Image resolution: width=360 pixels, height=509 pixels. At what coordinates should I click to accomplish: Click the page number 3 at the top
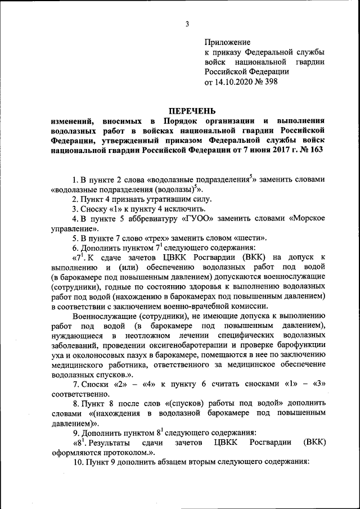click(187, 24)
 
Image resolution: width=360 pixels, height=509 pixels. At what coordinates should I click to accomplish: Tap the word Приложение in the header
click(227, 42)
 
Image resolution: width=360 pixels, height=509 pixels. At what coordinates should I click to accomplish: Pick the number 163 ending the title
click(316, 151)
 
